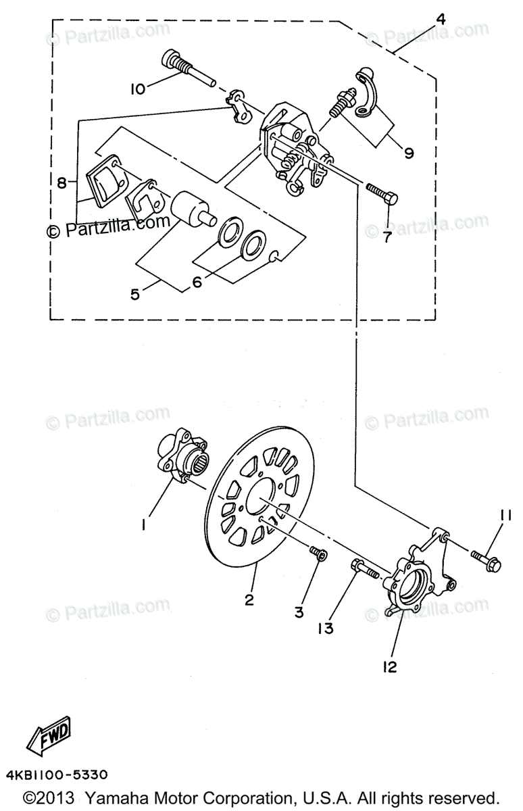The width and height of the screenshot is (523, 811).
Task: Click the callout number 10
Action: (137, 89)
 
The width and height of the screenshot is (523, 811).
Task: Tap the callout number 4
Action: (441, 19)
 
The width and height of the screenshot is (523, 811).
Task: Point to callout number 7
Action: (387, 237)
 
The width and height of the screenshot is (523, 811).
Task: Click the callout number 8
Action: (63, 182)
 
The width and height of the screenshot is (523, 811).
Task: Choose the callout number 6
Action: (197, 282)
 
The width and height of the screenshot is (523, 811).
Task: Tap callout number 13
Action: (326, 628)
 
